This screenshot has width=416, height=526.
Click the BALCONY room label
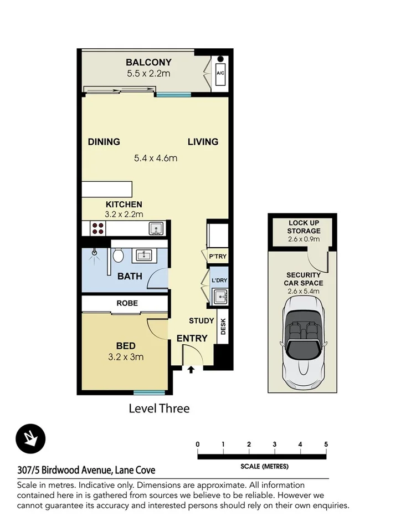click(x=148, y=62)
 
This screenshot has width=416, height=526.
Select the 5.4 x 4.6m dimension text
click(x=156, y=158)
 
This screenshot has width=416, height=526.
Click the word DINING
click(x=104, y=142)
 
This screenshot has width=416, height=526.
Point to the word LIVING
click(x=203, y=142)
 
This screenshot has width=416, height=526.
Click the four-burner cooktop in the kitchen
click(x=99, y=228)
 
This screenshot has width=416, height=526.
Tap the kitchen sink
click(x=156, y=228)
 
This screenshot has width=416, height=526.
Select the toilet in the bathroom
click(x=117, y=256)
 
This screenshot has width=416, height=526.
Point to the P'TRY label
click(x=217, y=256)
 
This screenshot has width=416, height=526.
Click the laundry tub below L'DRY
click(x=219, y=298)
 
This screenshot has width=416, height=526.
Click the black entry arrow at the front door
click(x=191, y=369)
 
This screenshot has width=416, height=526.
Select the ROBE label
click(x=127, y=303)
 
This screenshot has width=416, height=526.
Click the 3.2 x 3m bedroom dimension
click(x=126, y=357)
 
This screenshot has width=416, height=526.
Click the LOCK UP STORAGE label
click(x=304, y=227)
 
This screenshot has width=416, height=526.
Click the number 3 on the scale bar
click(x=274, y=444)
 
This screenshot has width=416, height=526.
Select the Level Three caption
click(x=159, y=409)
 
